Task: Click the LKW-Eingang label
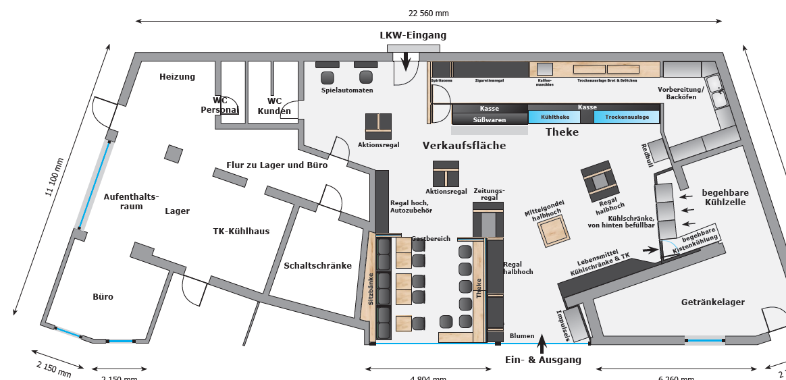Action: tap(413, 35)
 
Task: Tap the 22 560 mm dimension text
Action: tap(428, 13)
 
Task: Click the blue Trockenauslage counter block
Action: tap(626, 117)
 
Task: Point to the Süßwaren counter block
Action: tap(489, 119)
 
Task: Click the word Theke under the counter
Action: tap(562, 132)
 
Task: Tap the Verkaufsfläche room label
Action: tap(464, 145)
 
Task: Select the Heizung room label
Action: tap(177, 77)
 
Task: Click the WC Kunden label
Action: tap(274, 106)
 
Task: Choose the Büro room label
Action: tap(103, 296)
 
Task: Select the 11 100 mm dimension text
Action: tap(58, 178)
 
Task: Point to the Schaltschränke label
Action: tap(317, 266)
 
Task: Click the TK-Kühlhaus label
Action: tap(241, 231)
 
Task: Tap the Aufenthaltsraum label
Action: tap(131, 201)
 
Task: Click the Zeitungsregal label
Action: tap(490, 194)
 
